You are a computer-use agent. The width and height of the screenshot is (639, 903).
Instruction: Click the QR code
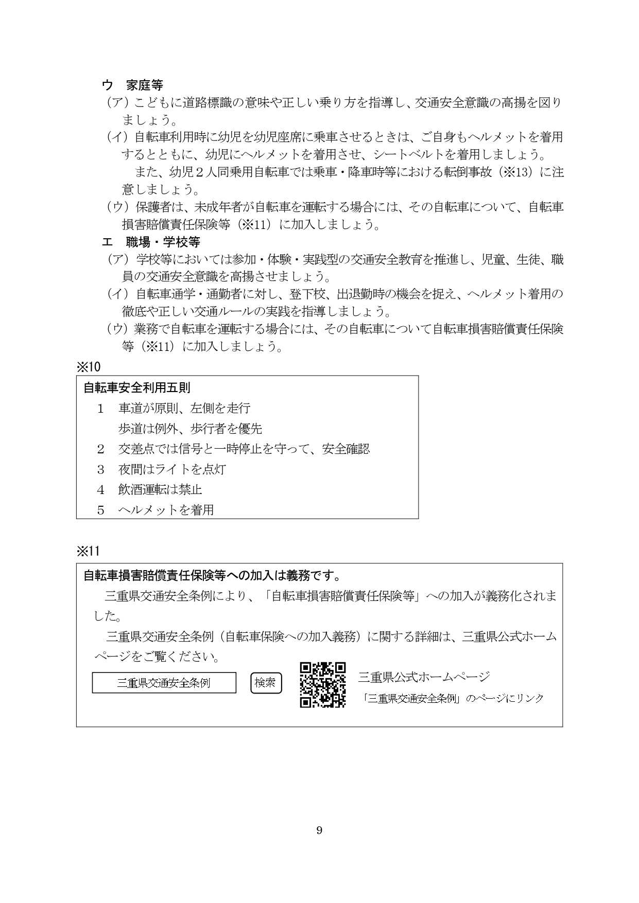(323, 684)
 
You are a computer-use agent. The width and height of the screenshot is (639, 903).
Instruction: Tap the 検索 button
(266, 683)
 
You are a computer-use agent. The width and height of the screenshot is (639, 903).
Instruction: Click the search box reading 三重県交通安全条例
(164, 683)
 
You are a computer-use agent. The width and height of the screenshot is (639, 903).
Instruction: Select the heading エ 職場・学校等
(151, 241)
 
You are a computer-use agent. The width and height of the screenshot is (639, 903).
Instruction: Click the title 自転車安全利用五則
(137, 387)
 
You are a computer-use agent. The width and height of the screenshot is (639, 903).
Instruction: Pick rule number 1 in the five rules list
(101, 409)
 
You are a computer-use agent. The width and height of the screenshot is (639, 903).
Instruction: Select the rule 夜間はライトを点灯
(172, 469)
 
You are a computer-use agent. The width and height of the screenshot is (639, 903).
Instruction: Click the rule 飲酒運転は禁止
(160, 489)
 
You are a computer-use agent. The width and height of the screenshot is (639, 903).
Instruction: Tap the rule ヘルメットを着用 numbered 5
(166, 510)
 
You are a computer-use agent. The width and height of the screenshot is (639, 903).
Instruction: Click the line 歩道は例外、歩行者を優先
(190, 428)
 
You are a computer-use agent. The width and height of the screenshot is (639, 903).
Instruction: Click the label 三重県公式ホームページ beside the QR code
(424, 676)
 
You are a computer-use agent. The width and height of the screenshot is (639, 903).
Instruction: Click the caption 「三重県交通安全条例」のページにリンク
(453, 698)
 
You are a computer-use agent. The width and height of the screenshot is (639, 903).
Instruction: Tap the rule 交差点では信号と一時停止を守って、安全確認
(244, 449)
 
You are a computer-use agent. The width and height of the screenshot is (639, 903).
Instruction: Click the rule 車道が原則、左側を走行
(184, 409)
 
